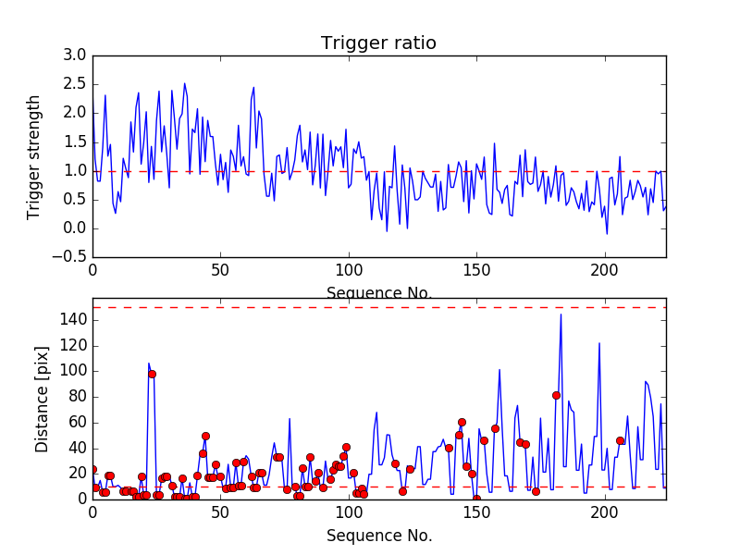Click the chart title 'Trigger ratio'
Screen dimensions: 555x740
pyautogui.click(x=378, y=43)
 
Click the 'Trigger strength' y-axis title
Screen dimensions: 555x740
pyautogui.click(x=34, y=156)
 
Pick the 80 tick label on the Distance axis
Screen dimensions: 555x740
pyautogui.click(x=77, y=396)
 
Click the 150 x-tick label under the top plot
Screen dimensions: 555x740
pyautogui.click(x=475, y=272)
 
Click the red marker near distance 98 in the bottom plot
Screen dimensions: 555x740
pyautogui.click(x=152, y=374)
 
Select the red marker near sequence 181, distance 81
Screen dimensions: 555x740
pyautogui.click(x=556, y=395)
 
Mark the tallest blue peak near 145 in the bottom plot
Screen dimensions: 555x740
pyautogui.click(x=561, y=314)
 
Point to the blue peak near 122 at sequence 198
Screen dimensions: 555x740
pyautogui.click(x=599, y=343)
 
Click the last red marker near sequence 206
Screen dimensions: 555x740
pyautogui.click(x=620, y=440)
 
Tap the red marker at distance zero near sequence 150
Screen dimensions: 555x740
pyautogui.click(x=476, y=499)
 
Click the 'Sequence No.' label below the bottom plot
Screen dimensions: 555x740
pyautogui.click(x=379, y=536)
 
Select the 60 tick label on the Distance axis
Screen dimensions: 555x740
pyautogui.click(x=77, y=422)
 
